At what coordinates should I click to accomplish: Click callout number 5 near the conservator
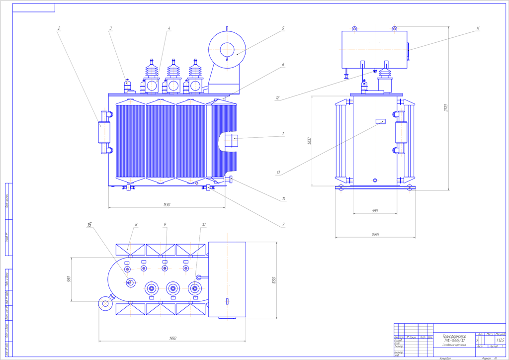pyautogui.click(x=283, y=28)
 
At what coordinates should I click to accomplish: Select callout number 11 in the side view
pyautogui.click(x=478, y=28)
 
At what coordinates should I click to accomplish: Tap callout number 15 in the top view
pyautogui.click(x=89, y=225)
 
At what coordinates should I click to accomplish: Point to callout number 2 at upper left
pyautogui.click(x=59, y=28)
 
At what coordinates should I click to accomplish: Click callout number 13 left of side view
pyautogui.click(x=279, y=173)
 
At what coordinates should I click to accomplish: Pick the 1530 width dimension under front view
pyautogui.click(x=167, y=204)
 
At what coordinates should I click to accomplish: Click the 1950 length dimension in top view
pyautogui.click(x=172, y=338)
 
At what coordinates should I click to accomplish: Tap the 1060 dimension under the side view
pyautogui.click(x=375, y=234)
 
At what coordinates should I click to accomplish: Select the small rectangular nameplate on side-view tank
pyautogui.click(x=381, y=121)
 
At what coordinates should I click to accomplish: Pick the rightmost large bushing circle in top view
pyautogui.click(x=194, y=287)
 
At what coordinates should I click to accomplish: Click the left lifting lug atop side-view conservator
pyautogui.click(x=355, y=29)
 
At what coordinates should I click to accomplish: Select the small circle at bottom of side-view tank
pyautogui.click(x=375, y=180)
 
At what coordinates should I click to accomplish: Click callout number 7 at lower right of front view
pyautogui.click(x=283, y=225)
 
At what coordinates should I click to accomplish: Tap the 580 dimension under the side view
pyautogui.click(x=375, y=211)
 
